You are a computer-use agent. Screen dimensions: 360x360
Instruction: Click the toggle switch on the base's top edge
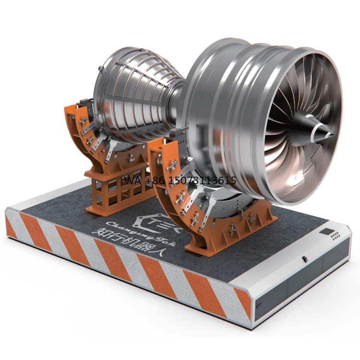(x=304, y=259)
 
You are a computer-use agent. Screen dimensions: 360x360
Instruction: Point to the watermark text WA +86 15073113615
(x=180, y=181)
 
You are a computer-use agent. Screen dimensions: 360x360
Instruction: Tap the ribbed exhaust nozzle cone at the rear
(x=134, y=94)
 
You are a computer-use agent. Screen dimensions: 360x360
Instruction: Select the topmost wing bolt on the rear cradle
(x=83, y=120)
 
